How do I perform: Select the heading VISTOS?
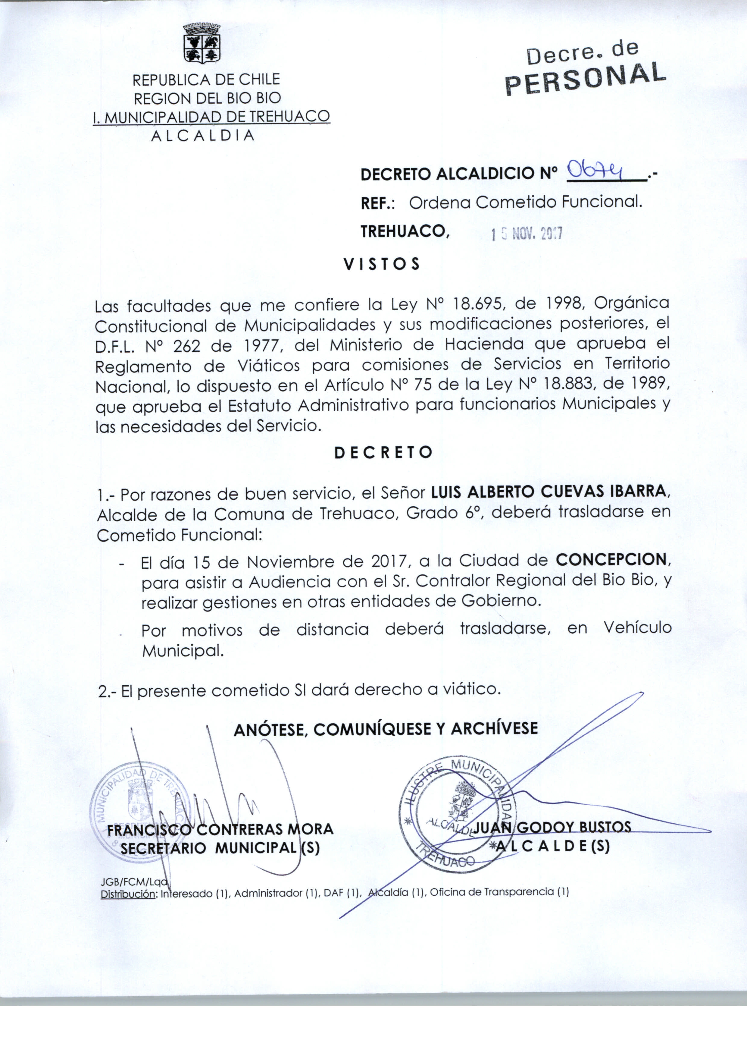[381, 264]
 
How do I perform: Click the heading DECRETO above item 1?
[383, 452]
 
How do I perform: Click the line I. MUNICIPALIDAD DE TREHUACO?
[211, 117]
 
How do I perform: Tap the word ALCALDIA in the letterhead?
[203, 136]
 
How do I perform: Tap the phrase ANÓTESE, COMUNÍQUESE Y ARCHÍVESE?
[386, 729]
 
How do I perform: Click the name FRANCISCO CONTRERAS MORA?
[220, 829]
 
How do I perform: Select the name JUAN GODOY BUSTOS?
[552, 827]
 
